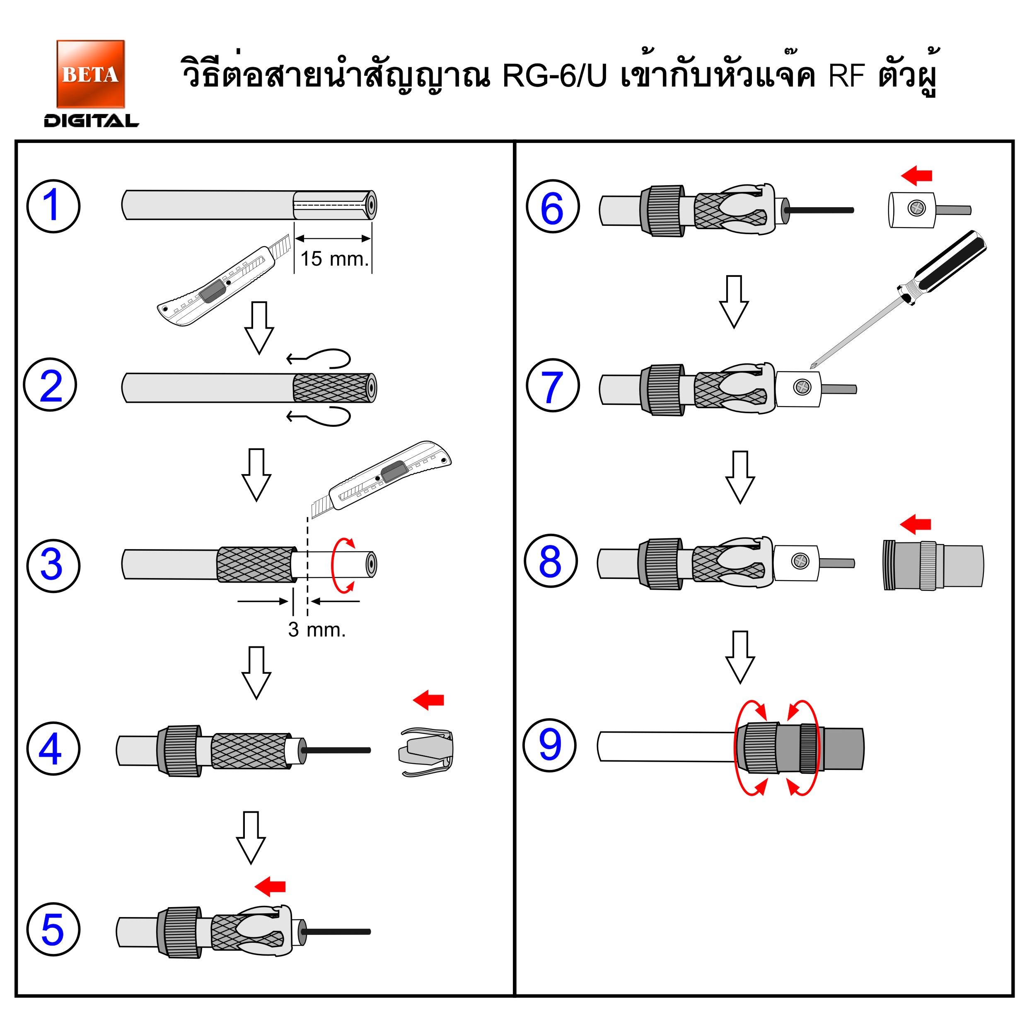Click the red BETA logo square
coord(90,73)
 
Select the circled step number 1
coord(53,206)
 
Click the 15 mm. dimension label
coord(334,259)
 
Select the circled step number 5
coord(53,929)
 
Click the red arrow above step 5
coord(271,886)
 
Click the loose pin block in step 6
coord(912,210)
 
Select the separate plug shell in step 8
coord(933,565)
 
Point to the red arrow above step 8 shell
coord(916,524)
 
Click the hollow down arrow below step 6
coord(734,302)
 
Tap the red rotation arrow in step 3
coord(340,565)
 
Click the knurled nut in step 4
coord(180,750)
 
